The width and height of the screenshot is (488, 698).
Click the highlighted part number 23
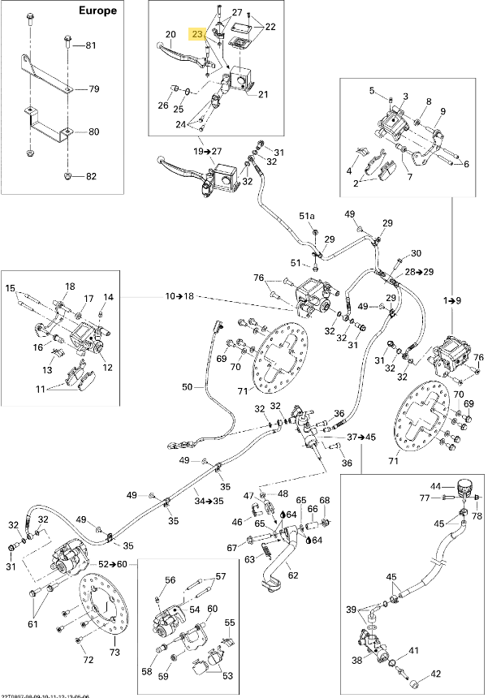tap(197, 34)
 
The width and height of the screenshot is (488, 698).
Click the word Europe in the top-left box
tap(98, 11)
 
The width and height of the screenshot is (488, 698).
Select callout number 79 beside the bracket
tap(93, 88)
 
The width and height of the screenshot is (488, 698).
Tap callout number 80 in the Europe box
tap(93, 131)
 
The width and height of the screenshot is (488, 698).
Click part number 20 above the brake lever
tap(171, 34)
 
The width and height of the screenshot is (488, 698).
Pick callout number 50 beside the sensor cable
tap(187, 388)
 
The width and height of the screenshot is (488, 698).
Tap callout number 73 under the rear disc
tap(114, 653)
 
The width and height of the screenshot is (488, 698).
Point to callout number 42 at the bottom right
tap(436, 673)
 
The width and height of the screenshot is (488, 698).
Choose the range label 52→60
tap(114, 563)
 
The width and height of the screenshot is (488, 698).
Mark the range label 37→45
tap(362, 437)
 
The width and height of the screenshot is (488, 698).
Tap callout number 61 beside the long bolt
tap(32, 624)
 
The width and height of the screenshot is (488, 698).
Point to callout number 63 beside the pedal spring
tap(250, 558)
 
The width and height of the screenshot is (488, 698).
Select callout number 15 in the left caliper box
tap(11, 288)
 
